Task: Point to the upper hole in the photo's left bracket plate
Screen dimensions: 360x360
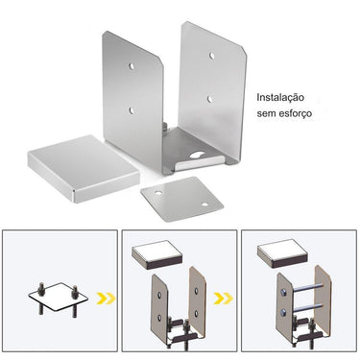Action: tap(132, 66)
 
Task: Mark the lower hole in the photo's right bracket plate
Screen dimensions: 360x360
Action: tap(208, 99)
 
